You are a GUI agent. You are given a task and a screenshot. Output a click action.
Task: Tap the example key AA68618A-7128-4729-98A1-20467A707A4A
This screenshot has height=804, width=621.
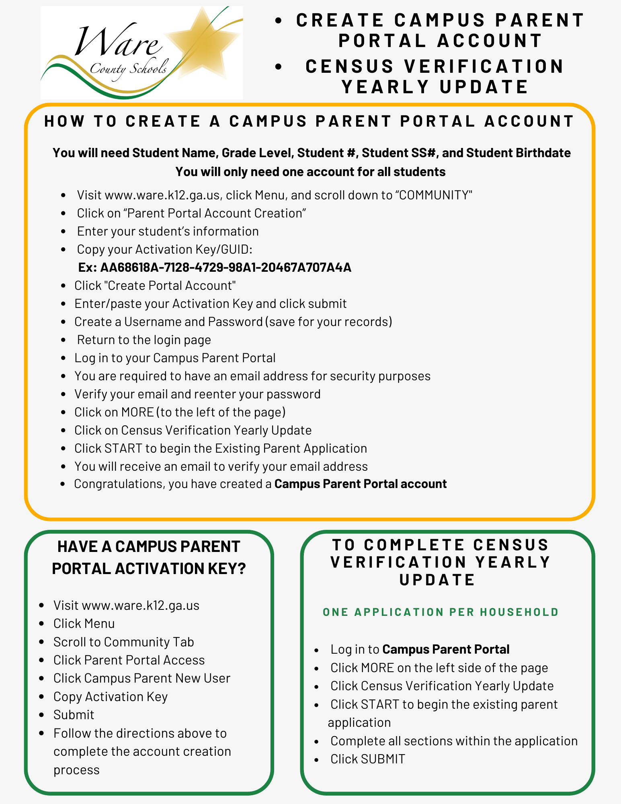tap(225, 267)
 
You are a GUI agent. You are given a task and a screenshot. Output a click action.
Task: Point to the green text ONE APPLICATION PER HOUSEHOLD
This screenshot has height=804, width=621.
tap(441, 612)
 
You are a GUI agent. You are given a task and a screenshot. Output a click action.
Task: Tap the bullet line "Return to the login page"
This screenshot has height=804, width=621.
tap(144, 340)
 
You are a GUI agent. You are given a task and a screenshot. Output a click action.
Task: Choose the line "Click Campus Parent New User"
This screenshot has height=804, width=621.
tap(142, 678)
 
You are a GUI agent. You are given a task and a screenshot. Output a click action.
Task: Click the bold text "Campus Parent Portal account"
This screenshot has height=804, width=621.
tap(361, 484)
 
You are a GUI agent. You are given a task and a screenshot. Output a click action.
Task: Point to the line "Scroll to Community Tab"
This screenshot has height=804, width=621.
tap(123, 642)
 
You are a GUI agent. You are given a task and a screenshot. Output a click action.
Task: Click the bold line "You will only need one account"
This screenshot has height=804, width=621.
tap(310, 172)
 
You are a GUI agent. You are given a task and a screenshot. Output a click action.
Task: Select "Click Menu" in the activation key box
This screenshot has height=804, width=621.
tap(84, 624)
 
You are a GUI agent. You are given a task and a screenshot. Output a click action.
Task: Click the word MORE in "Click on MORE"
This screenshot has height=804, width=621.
tap(137, 412)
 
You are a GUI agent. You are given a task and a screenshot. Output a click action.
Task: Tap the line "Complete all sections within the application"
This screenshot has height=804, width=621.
tap(454, 741)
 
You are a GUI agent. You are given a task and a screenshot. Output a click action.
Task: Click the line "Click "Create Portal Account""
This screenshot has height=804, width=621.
tap(155, 285)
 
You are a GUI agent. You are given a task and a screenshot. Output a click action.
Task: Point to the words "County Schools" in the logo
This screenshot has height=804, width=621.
tap(128, 69)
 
